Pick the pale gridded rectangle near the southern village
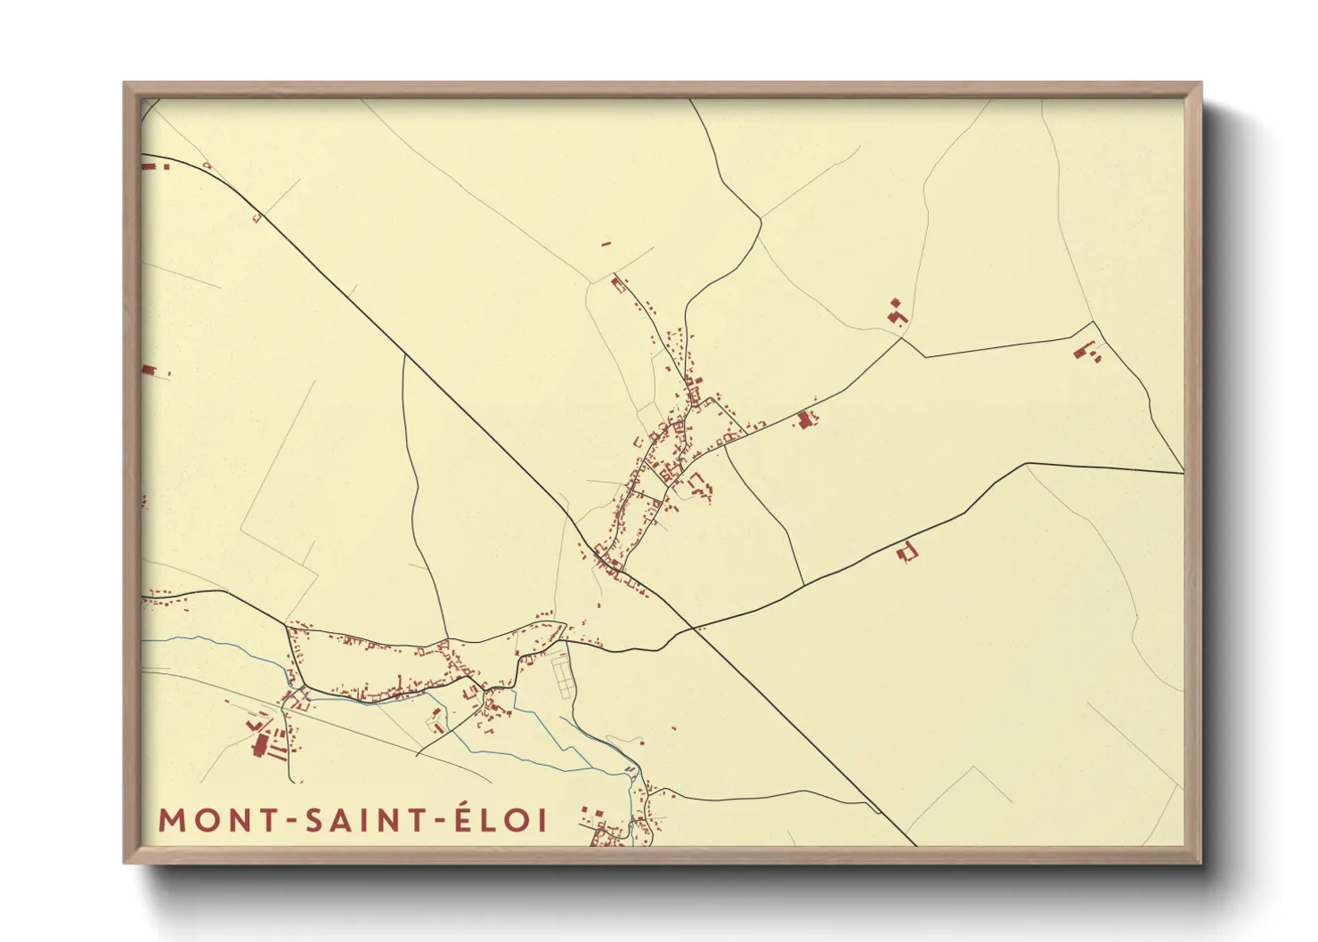click(561, 676)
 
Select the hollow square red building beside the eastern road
click(907, 552)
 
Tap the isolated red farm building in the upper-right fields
click(897, 313)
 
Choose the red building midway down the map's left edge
click(149, 369)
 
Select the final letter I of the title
click(543, 820)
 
